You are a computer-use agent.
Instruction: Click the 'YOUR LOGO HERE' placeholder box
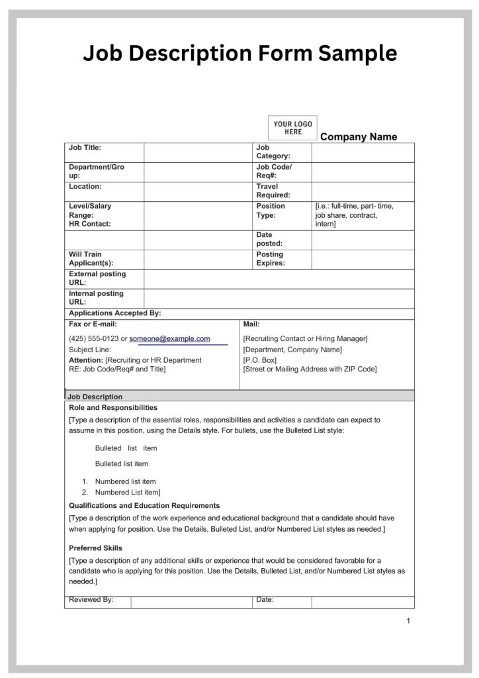pyautogui.click(x=292, y=128)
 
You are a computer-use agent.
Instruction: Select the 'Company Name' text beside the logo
pyautogui.click(x=359, y=137)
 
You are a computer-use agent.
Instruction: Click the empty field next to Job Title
pyautogui.click(x=198, y=152)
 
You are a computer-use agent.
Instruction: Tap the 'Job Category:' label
pyautogui.click(x=273, y=152)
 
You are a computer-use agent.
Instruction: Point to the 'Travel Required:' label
pyautogui.click(x=273, y=191)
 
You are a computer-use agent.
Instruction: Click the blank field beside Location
pyautogui.click(x=198, y=191)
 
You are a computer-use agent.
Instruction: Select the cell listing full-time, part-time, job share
pyautogui.click(x=363, y=216)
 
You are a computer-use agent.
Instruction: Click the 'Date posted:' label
pyautogui.click(x=269, y=240)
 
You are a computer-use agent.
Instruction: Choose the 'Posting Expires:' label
pyautogui.click(x=271, y=259)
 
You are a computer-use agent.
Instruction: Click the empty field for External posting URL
pyautogui.click(x=279, y=279)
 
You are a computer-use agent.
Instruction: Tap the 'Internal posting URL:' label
pyautogui.click(x=97, y=298)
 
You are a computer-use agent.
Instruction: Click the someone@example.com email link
pyautogui.click(x=169, y=339)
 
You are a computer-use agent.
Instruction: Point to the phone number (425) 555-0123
pyautogui.click(x=93, y=339)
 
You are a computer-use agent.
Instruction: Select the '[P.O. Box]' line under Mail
pyautogui.click(x=260, y=360)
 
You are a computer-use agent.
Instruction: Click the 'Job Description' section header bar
pyautogui.click(x=239, y=397)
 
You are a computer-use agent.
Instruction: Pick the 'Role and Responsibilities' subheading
pyautogui.click(x=113, y=408)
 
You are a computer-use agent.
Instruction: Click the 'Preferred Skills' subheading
pyautogui.click(x=95, y=548)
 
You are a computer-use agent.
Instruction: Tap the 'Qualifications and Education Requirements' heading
pyautogui.click(x=144, y=506)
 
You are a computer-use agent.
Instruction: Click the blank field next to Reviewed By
pyautogui.click(x=191, y=601)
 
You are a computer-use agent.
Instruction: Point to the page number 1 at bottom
pyautogui.click(x=408, y=621)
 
